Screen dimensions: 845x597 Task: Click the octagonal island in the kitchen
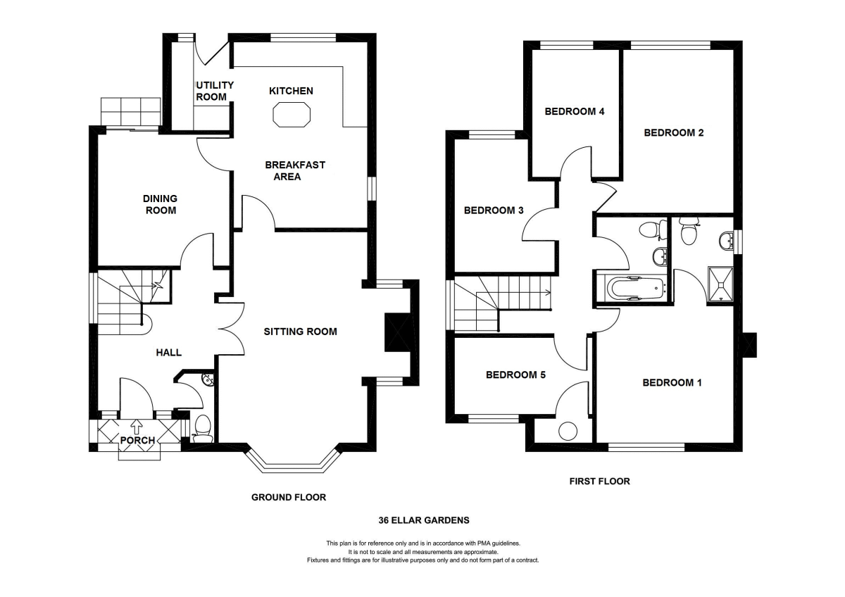(292, 114)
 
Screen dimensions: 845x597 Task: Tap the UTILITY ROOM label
(214, 91)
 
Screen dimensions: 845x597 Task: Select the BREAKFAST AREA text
(294, 171)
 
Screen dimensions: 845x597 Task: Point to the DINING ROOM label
(161, 204)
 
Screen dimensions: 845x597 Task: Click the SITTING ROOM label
(300, 332)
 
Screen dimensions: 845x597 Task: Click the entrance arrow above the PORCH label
(136, 426)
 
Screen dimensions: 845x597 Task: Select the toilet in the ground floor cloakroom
(203, 429)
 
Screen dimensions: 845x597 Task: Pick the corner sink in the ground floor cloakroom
(208, 380)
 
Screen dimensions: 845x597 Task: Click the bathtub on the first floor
(637, 289)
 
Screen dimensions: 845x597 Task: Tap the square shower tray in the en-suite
(720, 284)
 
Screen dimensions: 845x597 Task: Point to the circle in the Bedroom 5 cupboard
(568, 431)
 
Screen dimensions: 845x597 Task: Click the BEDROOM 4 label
(575, 111)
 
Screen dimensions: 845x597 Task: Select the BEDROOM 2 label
(674, 133)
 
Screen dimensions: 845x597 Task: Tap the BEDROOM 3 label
(494, 210)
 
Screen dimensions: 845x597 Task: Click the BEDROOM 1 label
(672, 383)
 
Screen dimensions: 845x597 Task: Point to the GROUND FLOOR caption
(289, 498)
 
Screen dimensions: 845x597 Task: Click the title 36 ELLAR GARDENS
(424, 520)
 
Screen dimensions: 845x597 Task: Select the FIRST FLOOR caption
(600, 482)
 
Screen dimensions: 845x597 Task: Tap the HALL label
(168, 353)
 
